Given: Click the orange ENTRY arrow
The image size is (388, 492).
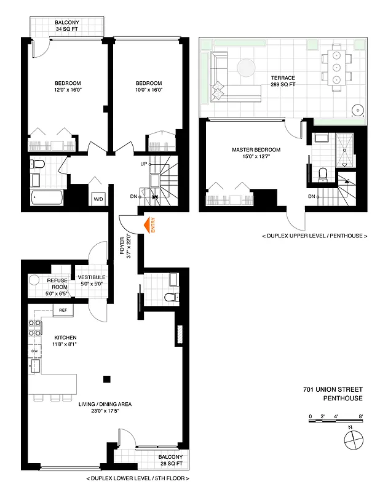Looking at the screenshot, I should (148, 226).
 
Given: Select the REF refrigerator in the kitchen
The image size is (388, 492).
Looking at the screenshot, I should (63, 311).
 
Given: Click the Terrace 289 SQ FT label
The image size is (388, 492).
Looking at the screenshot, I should (283, 81).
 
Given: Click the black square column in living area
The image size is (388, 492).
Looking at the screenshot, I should (108, 379).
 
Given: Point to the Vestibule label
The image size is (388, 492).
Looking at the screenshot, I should (93, 280).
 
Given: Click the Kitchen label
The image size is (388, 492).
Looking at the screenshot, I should (65, 341).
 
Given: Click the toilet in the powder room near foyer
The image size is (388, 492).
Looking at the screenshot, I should (170, 298).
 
